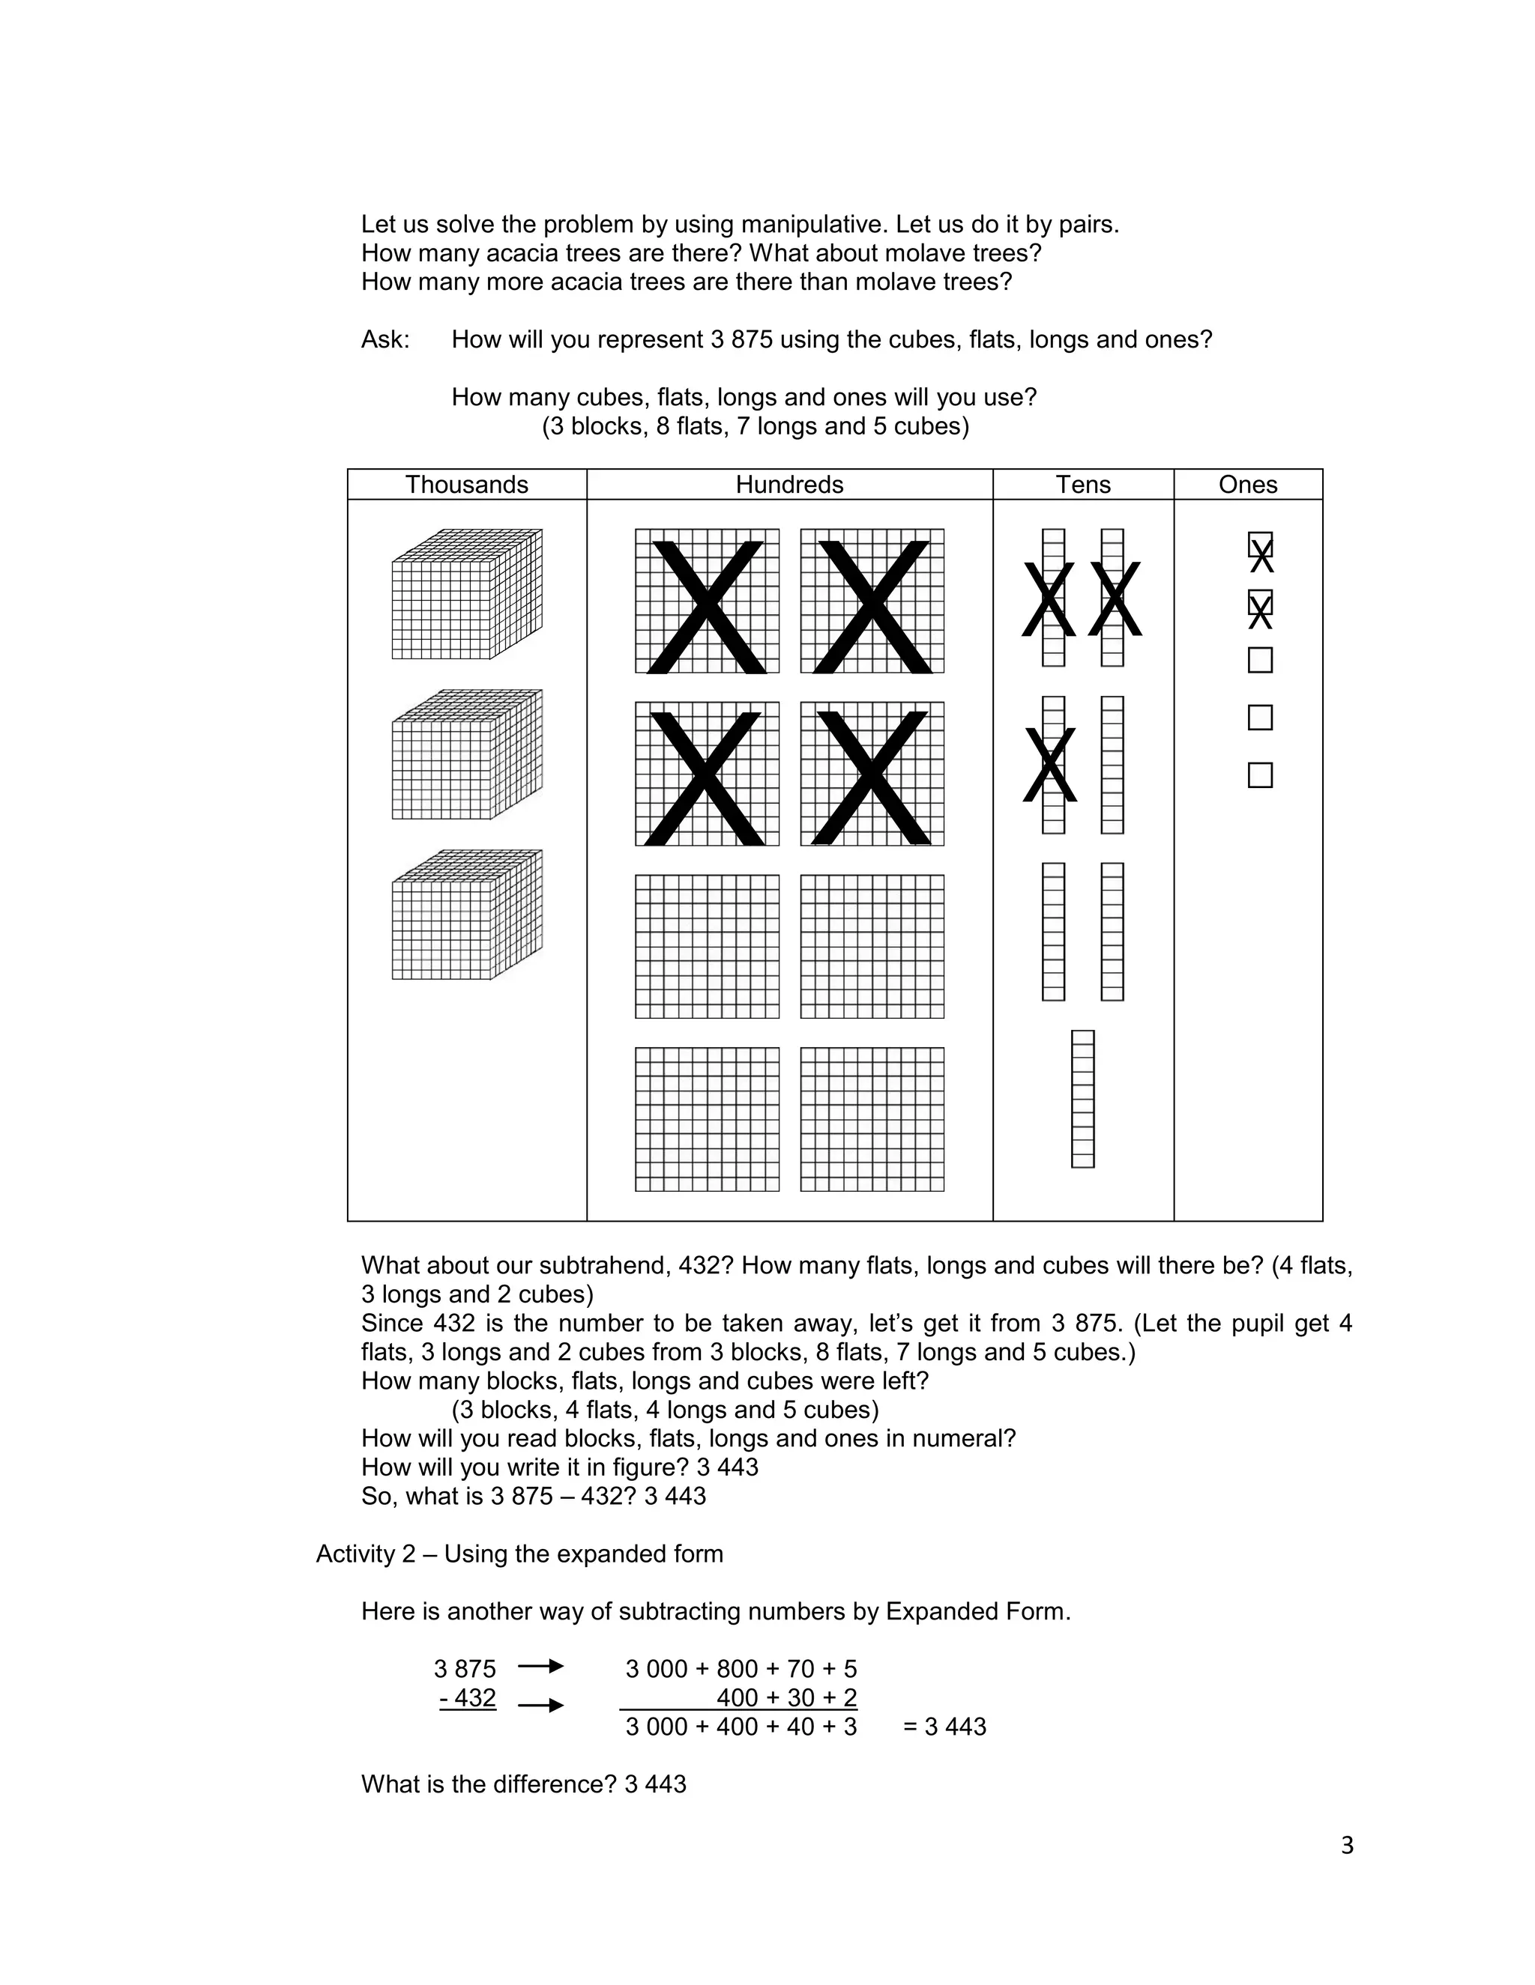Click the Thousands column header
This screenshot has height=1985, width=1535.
pyautogui.click(x=466, y=485)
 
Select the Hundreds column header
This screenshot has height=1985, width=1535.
pyautogui.click(x=789, y=485)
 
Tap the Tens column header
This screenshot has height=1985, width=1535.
pyautogui.click(x=1083, y=485)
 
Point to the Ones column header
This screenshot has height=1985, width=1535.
pyautogui.click(x=1248, y=485)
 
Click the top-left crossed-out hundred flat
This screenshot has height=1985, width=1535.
pyautogui.click(x=707, y=601)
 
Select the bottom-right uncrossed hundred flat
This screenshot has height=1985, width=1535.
pyautogui.click(x=872, y=1119)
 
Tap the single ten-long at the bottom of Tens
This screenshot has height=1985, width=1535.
pyautogui.click(x=1082, y=1098)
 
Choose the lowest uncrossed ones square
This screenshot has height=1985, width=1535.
pyautogui.click(x=1259, y=775)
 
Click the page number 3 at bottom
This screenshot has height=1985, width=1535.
pyautogui.click(x=1347, y=1846)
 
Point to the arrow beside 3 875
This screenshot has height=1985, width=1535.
pyautogui.click(x=541, y=1666)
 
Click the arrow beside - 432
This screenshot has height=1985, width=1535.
pyautogui.click(x=541, y=1706)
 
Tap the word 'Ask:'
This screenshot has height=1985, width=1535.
pyautogui.click(x=385, y=340)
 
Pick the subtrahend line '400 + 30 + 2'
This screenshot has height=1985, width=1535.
pyautogui.click(x=785, y=1697)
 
